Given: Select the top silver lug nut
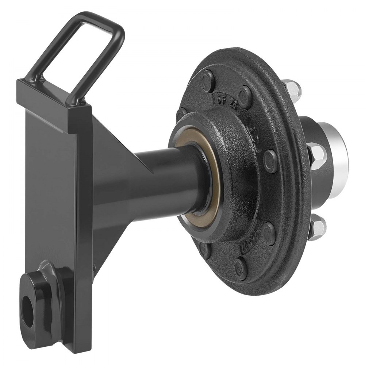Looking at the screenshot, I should click(292, 88).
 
